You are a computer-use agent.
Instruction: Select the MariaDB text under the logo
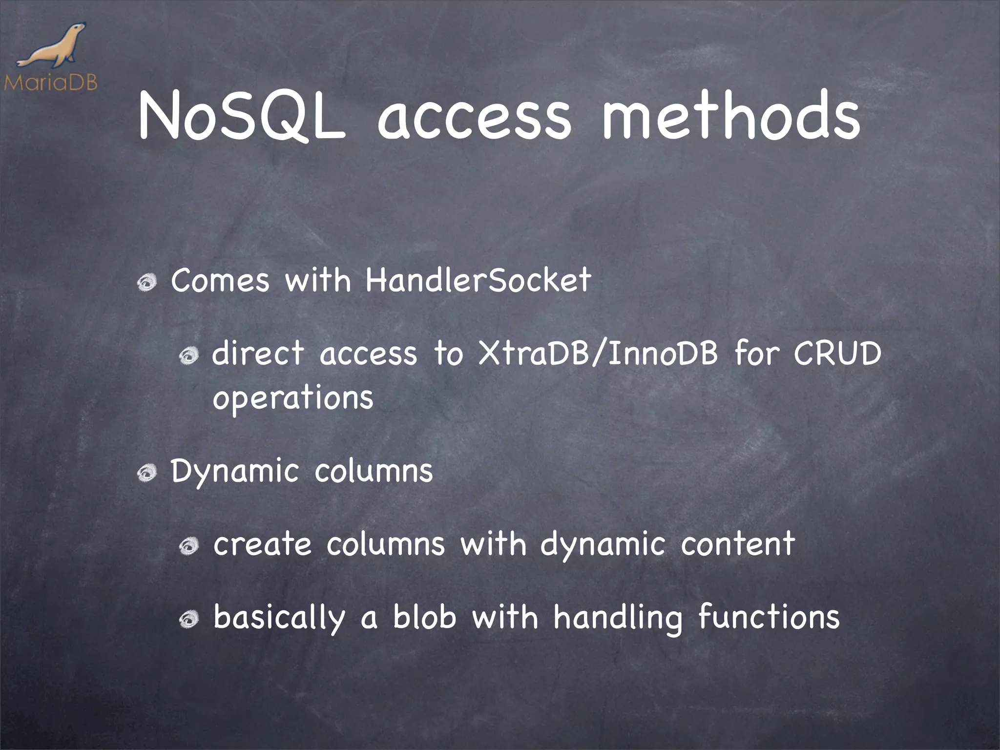(51, 83)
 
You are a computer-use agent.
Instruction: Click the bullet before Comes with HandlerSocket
(147, 282)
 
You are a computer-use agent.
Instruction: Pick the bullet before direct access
(188, 355)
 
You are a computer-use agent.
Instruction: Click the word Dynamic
(234, 472)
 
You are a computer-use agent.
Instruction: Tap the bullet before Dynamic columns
(147, 473)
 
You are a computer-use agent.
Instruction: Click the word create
(262, 544)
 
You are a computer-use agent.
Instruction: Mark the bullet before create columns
(188, 546)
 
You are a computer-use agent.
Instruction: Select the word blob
(424, 616)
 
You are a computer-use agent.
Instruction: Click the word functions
(769, 616)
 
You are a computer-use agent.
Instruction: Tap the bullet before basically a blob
(188, 619)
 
